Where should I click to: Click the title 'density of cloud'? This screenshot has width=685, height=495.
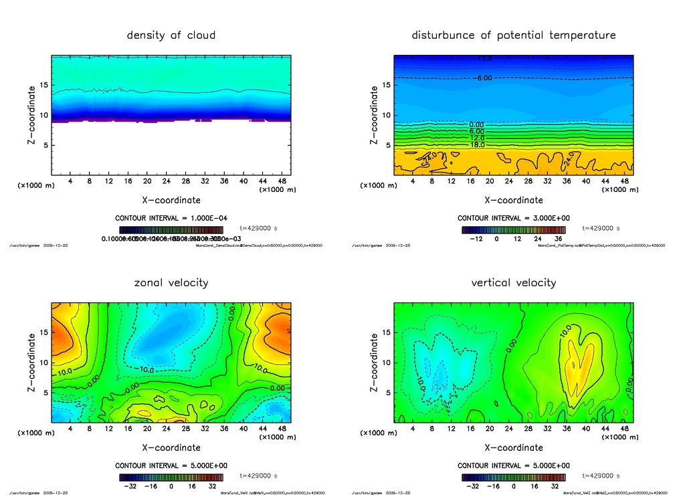171,35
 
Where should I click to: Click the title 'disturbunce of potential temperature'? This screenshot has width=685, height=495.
513,35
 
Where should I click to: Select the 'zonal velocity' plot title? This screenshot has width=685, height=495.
171,282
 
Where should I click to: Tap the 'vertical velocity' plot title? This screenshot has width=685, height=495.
513,282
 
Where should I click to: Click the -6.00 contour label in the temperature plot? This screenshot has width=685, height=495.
484,78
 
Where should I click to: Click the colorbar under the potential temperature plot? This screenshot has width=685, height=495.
513,229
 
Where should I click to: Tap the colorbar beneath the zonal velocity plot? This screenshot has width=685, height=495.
171,477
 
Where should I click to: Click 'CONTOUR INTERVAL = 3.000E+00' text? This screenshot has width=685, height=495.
513,219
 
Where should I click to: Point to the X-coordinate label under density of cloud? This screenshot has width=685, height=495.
171,200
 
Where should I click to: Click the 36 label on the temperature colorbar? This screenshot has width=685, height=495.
557,238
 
